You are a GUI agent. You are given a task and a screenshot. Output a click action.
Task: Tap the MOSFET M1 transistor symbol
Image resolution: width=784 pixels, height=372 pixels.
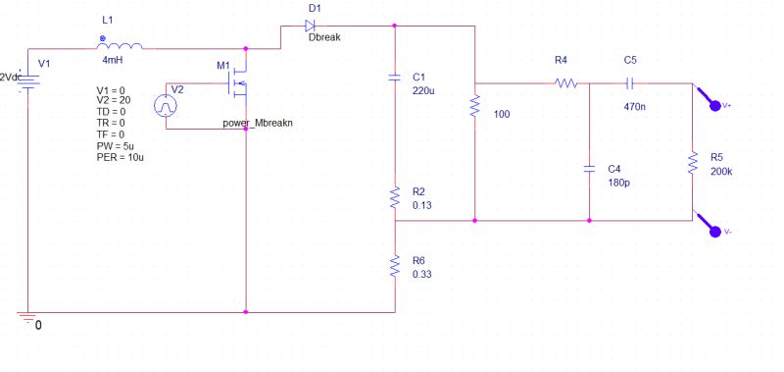tap(237, 86)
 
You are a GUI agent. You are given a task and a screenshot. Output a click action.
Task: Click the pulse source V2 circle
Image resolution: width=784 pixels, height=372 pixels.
tap(171, 102)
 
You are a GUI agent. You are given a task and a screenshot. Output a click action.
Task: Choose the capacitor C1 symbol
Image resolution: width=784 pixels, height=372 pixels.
tap(394, 76)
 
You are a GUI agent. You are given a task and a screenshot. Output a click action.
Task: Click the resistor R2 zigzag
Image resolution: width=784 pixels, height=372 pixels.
tap(394, 198)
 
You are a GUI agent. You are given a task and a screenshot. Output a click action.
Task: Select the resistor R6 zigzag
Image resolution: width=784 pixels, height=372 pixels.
tap(394, 265)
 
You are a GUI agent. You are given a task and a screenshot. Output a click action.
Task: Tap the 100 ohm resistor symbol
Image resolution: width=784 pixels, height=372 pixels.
tap(474, 106)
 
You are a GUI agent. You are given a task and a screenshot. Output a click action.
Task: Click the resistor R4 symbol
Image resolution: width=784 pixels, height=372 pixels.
tap(565, 83)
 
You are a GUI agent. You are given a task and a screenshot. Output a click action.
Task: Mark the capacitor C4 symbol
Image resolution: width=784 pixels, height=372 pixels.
tap(589, 168)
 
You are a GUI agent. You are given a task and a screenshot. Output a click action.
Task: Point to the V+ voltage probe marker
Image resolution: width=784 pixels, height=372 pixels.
tap(710, 99)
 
